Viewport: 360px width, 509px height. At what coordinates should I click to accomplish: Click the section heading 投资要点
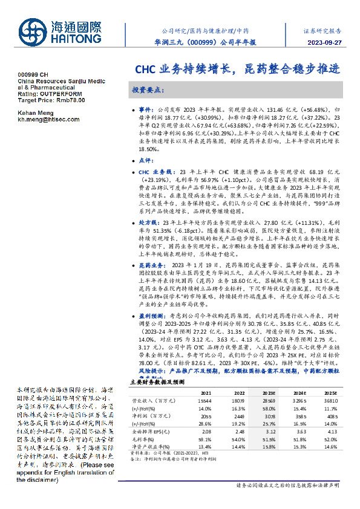coord(148,89)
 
